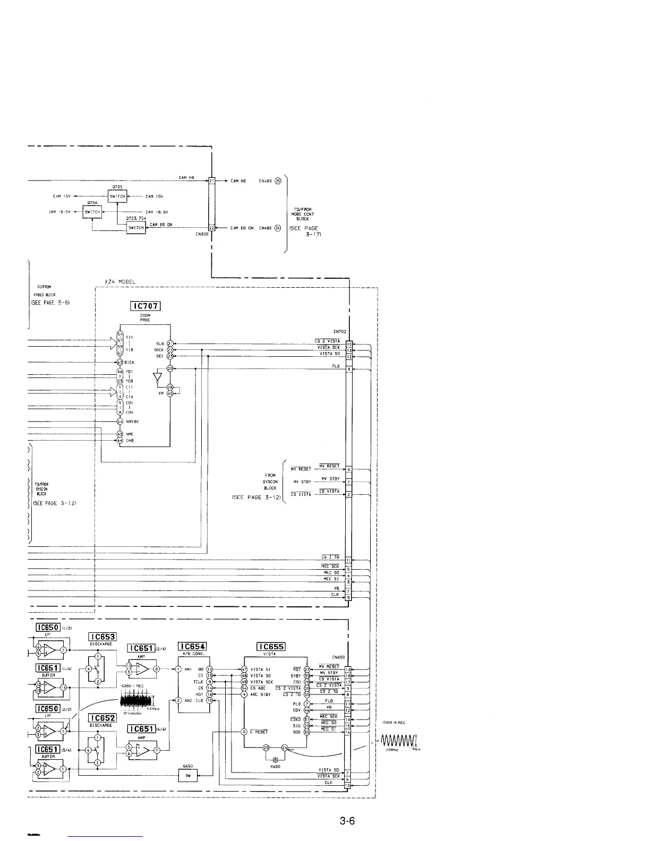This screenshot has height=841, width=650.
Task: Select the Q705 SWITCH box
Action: pos(117,196)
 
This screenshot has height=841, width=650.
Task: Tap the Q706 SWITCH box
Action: pos(92,212)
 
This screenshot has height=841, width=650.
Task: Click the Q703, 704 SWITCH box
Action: pos(136,227)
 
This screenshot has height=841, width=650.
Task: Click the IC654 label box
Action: pos(192,646)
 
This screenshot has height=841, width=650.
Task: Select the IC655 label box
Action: pos(271,646)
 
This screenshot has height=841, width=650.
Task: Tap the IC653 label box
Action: pos(102,637)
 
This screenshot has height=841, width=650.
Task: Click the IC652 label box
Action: pos(102,718)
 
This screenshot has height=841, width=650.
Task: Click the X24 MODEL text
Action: pos(120,281)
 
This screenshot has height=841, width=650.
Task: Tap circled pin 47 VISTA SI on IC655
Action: pos(244,669)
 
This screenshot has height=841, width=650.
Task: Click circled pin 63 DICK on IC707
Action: pos(120,362)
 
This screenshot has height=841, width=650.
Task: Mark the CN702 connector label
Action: pos(340,331)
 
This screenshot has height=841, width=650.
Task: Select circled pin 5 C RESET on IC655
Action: pos(244,732)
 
